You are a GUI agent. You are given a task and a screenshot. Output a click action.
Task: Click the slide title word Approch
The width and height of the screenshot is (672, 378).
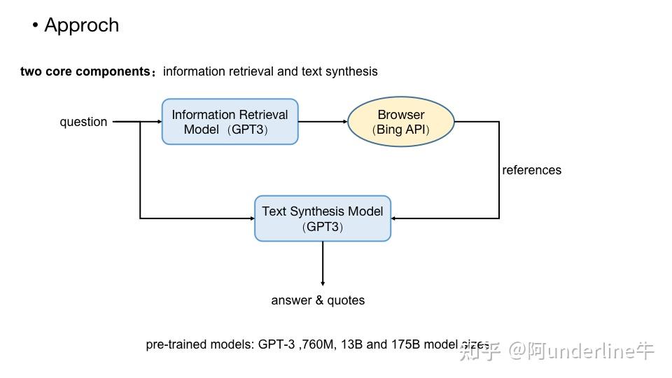point(81,25)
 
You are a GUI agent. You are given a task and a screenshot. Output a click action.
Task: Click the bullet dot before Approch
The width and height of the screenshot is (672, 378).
point(35,26)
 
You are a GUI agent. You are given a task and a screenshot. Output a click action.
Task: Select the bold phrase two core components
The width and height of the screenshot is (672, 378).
point(85,71)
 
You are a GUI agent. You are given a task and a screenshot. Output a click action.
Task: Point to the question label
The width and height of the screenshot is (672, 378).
point(83,122)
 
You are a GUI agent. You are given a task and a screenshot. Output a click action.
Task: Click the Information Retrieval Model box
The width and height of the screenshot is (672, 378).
point(230,122)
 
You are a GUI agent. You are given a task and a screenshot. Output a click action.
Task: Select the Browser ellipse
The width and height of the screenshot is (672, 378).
point(401,122)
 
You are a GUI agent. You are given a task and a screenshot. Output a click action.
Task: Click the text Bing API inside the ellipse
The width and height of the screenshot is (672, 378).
point(401,129)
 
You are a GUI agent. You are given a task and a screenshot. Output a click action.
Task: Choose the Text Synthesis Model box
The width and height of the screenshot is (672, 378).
point(322,218)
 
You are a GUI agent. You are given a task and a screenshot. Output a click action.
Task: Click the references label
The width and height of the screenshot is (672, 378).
point(531,170)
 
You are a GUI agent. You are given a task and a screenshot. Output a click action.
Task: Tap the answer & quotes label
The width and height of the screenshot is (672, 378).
point(318,300)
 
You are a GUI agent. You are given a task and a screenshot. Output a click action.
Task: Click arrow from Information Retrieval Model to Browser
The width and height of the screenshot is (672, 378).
point(322,122)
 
